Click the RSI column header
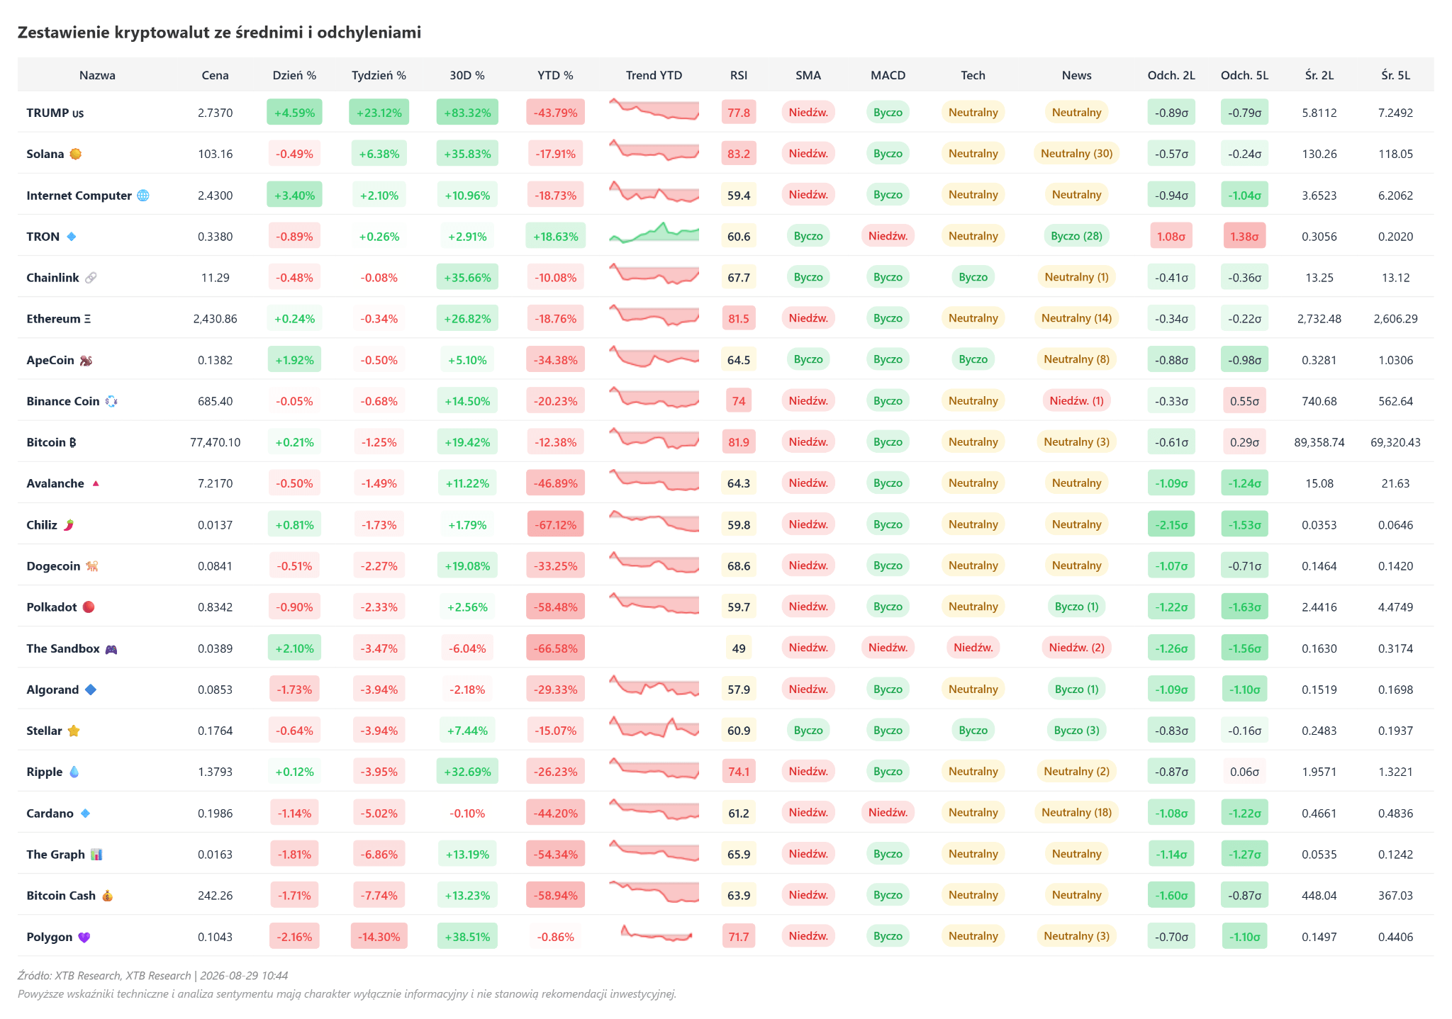point(738,75)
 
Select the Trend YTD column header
point(654,75)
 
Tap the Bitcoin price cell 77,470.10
point(215,442)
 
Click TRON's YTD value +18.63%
point(555,236)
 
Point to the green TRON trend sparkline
point(654,234)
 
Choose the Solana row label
point(45,154)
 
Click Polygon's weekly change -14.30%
point(379,937)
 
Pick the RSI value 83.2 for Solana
point(738,154)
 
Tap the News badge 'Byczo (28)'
point(1076,236)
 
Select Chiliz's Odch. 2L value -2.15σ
point(1171,524)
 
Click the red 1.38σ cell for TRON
point(1244,236)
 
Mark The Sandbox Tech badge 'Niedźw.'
point(973,648)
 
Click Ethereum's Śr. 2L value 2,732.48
point(1319,319)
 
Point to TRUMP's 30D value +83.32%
point(467,113)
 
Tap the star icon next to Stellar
point(74,731)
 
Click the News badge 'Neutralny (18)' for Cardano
point(1076,813)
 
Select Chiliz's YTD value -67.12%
point(555,524)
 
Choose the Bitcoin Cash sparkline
point(654,893)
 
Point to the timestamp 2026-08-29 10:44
point(244,976)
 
